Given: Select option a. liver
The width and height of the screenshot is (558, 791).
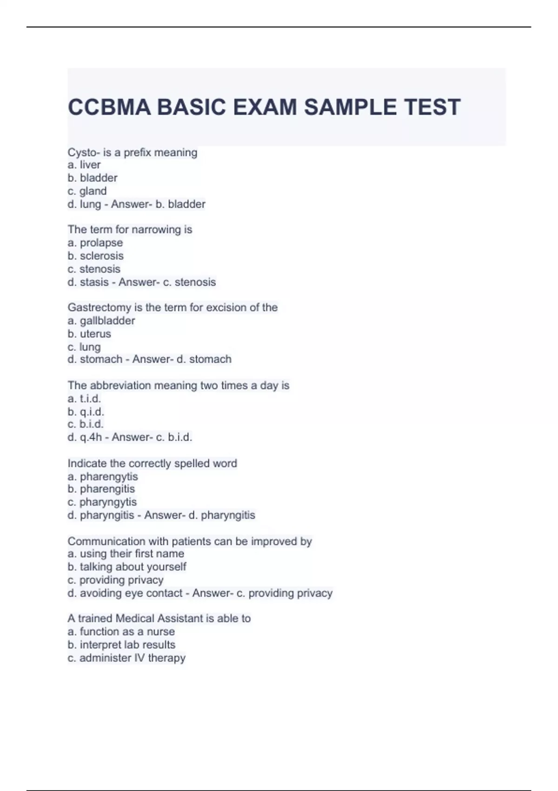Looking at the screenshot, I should pos(84,165).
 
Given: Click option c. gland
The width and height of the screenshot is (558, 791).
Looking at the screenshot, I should pos(87,191).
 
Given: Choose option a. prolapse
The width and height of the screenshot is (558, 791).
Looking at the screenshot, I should pos(95,242).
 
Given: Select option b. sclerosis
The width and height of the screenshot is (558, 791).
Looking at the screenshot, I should pos(96,255).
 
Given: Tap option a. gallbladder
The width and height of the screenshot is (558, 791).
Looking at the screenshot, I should pos(101,321).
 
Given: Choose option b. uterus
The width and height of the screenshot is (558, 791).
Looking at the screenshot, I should pos(89,334).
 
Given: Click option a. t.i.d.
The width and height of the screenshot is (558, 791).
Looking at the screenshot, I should pos(84,398).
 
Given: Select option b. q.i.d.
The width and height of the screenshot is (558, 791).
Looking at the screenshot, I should pos(86,411).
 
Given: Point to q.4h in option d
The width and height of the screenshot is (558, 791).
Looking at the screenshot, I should pos(91,437).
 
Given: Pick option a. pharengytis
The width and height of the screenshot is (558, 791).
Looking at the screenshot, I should pos(103,476).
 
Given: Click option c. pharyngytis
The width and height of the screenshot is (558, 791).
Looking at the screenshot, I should pos(102,502).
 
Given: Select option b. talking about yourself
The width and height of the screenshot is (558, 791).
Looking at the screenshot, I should pos(127,567).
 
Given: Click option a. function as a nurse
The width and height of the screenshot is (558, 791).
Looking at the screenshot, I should pos(121,631).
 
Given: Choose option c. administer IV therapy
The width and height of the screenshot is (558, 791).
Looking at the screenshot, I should pos(126,657).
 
